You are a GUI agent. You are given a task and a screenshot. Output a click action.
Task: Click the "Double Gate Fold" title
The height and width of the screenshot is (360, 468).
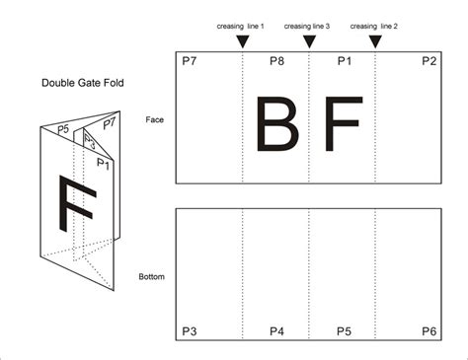click(83, 83)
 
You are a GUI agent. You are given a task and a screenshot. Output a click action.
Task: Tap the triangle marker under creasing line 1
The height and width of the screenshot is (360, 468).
click(242, 40)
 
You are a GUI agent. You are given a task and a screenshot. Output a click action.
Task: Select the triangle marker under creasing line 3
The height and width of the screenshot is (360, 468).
click(308, 40)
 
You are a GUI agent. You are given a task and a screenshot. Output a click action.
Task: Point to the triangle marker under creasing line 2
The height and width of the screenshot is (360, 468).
click(374, 40)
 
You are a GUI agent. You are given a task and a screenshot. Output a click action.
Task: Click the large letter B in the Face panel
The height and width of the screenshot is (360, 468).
click(275, 125)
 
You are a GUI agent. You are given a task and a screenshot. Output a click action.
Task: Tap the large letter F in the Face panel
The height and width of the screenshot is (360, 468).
click(342, 125)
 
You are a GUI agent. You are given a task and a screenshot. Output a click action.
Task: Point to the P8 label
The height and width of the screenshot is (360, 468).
click(276, 61)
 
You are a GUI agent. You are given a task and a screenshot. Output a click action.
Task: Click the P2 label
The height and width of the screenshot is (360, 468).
click(429, 61)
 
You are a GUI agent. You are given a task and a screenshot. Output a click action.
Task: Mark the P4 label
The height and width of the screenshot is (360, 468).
click(276, 330)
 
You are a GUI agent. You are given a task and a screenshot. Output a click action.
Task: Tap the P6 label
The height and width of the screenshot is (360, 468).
click(429, 330)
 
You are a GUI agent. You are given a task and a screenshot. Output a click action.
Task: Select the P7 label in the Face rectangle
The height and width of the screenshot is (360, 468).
click(189, 61)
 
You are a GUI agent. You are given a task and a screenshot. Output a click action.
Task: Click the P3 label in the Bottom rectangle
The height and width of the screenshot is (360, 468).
click(189, 330)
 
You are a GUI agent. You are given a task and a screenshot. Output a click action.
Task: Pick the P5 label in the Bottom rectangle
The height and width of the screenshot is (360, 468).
click(344, 330)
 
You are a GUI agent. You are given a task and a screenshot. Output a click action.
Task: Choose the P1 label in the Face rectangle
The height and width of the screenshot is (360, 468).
click(344, 61)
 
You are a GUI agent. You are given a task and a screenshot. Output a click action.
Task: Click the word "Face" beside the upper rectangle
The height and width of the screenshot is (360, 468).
click(154, 119)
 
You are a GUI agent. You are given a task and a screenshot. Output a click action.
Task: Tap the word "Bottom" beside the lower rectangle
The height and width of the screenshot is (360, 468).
click(151, 277)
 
